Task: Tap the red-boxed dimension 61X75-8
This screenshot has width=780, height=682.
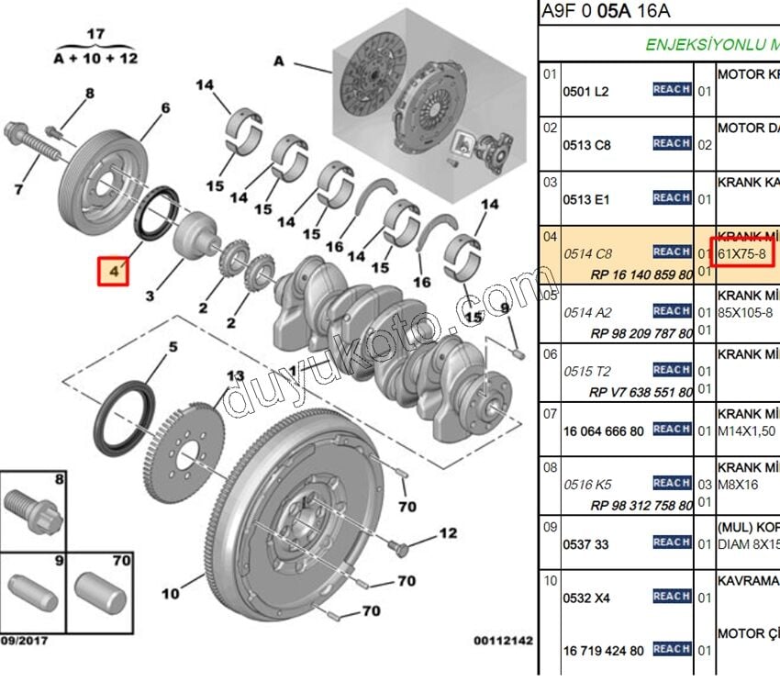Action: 742,252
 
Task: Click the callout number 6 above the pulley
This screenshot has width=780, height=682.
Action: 165,108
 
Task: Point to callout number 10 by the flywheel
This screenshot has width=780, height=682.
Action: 171,594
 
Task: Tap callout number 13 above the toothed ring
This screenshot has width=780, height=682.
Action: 236,376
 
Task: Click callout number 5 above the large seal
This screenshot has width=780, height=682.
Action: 171,347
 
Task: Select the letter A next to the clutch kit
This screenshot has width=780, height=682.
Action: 279,61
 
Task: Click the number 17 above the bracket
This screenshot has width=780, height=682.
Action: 96,35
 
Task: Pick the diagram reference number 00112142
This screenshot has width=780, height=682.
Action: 504,640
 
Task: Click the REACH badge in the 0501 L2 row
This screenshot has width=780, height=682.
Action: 672,90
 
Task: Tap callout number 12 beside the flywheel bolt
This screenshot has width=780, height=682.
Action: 447,533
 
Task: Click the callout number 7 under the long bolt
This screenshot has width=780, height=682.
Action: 18,190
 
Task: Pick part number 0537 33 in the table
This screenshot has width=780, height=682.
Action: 585,544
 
